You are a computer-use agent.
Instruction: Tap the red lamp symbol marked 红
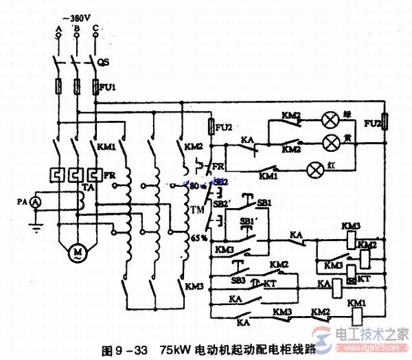(316, 168)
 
